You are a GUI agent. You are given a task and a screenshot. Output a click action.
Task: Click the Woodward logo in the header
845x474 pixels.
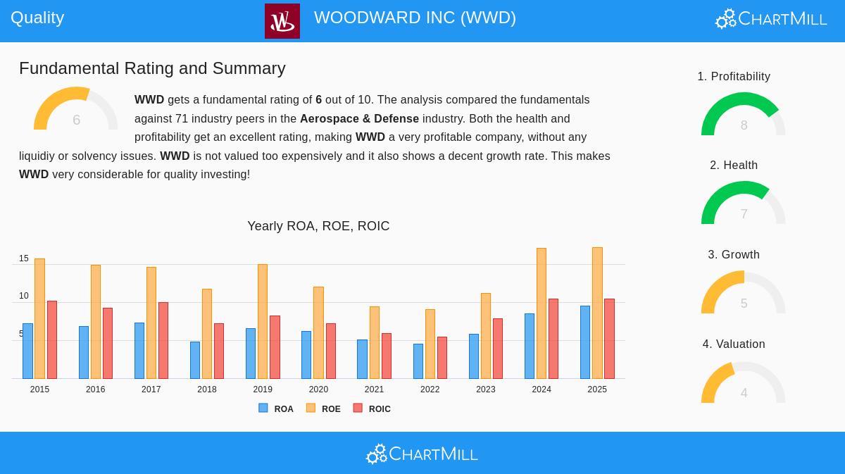pos(282,21)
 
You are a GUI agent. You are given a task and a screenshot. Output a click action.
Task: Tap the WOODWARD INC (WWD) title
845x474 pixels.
pos(415,18)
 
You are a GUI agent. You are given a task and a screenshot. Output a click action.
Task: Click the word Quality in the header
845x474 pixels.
pos(37,18)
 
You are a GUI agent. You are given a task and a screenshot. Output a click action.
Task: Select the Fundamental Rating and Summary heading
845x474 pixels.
pos(152,68)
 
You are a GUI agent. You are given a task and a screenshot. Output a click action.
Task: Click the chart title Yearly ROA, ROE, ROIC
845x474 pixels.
pos(318,226)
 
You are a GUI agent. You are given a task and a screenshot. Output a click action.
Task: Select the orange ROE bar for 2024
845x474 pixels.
pos(542,313)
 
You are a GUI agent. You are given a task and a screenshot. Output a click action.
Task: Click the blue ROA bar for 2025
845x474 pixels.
pos(585,342)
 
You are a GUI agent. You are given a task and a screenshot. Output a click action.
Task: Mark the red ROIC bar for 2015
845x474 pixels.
pos(52,340)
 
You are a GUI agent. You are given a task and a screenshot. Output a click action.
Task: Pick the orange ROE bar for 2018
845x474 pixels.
pos(207,334)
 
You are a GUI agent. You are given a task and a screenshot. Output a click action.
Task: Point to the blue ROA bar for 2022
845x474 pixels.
pos(418,361)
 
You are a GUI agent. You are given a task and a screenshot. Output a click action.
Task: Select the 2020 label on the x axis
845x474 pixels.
pos(318,389)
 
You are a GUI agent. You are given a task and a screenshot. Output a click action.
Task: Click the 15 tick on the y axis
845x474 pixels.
pos(24,258)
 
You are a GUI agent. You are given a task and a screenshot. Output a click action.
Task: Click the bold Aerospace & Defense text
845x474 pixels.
pos(359,119)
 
